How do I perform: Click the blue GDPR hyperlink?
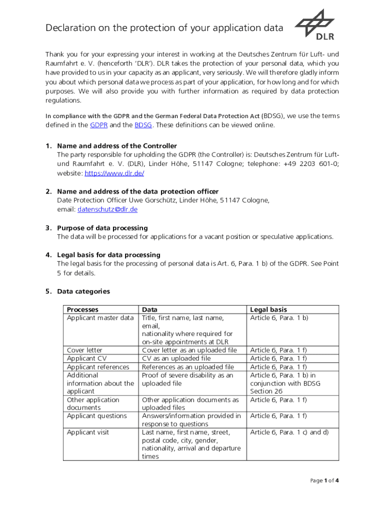tap(98, 125)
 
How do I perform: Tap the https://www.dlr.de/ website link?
tap(114, 173)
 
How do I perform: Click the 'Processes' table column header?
tap(82, 309)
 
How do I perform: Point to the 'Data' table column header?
tap(150, 309)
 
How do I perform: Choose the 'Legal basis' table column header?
tap(268, 309)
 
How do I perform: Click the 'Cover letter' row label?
tap(84, 350)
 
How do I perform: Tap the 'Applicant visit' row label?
tap(88, 432)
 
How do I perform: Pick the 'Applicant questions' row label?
tap(97, 415)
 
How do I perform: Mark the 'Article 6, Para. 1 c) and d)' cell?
tap(289, 432)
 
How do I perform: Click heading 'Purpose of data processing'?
tap(102, 228)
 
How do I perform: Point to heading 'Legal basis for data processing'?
tap(108, 255)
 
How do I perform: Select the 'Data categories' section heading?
tap(83, 291)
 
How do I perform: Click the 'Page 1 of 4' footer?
tap(324, 480)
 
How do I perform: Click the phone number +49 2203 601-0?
tap(309, 164)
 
